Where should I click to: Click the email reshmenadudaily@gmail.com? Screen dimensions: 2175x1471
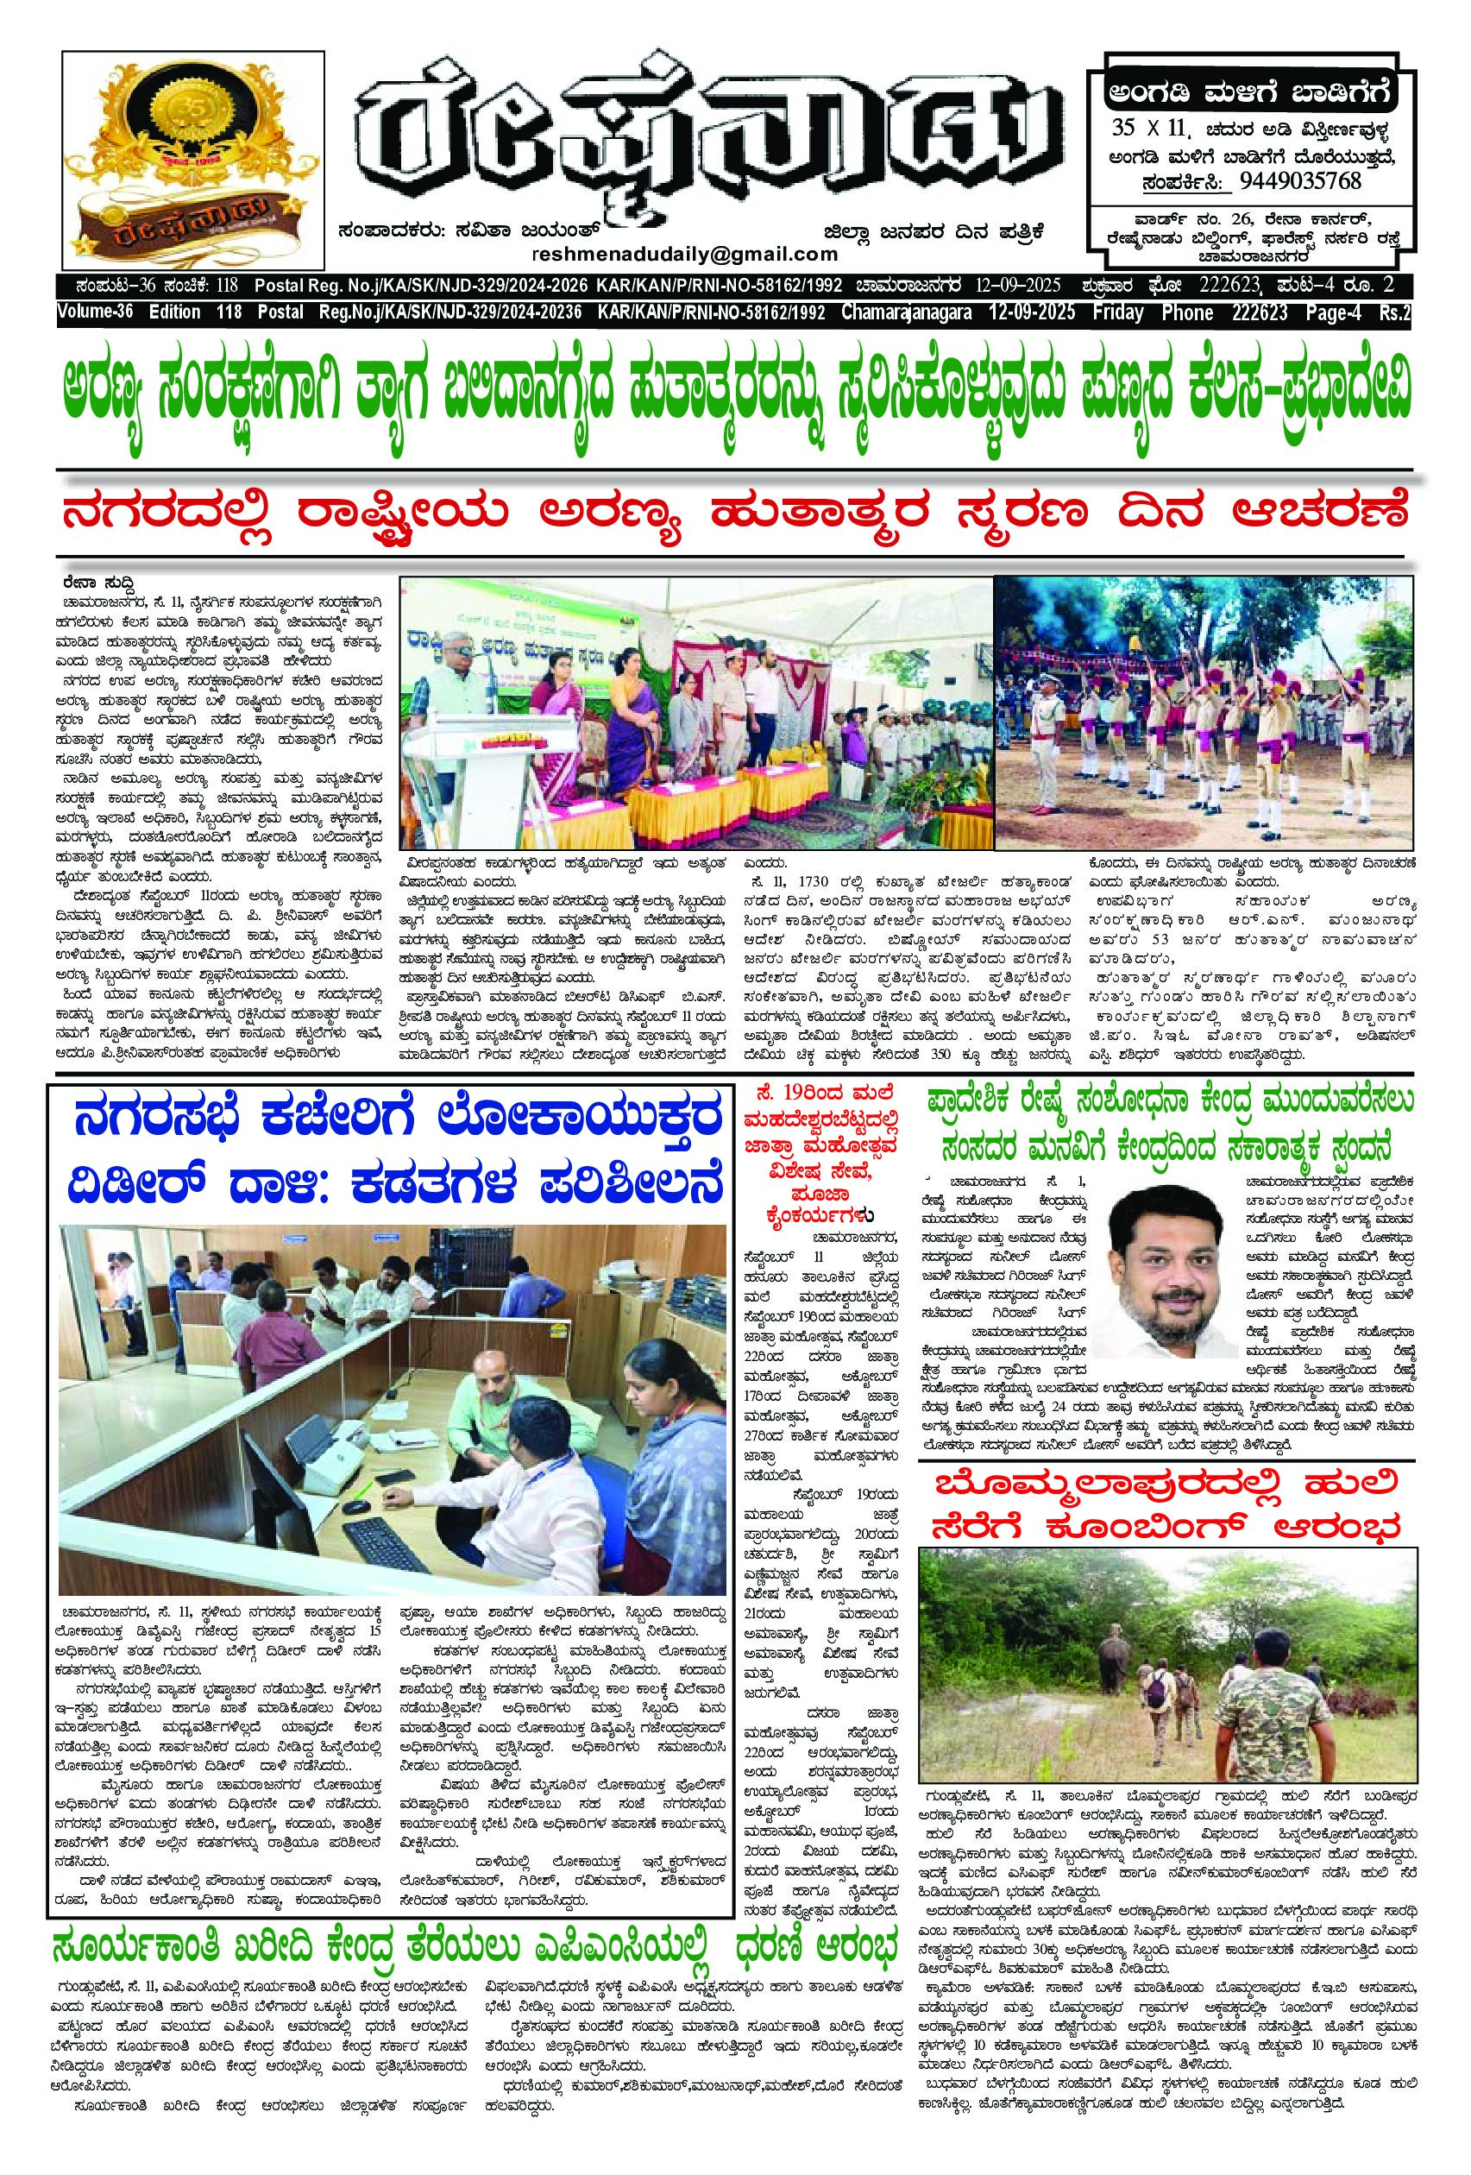pos(684,255)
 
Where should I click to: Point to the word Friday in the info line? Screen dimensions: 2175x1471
pos(1117,312)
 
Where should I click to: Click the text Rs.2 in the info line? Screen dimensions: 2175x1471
pos(1392,312)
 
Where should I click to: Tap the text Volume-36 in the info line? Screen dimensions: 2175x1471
pos(99,312)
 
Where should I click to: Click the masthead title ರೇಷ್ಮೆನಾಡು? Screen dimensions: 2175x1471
pos(711,141)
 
